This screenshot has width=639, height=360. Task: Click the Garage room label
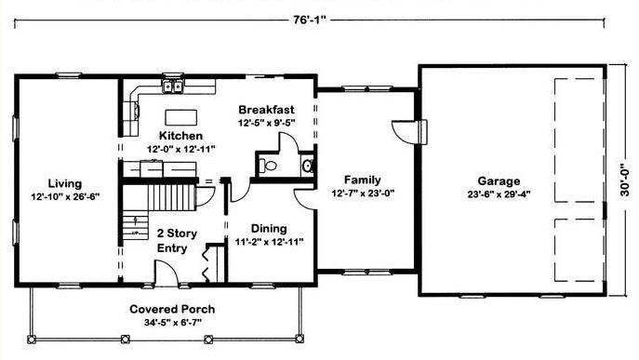tap(499, 180)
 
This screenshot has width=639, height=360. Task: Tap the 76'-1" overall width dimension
tap(310, 20)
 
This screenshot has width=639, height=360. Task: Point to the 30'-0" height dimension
tap(625, 180)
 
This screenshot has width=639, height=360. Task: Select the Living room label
tap(65, 183)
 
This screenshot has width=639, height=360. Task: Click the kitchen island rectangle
tap(181, 117)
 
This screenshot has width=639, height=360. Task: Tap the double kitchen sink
tap(173, 87)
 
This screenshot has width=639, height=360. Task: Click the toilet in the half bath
tap(268, 166)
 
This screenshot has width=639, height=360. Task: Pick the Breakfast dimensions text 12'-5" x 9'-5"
tap(267, 123)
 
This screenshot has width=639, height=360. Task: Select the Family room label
tap(363, 180)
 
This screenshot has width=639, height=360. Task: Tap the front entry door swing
tap(166, 273)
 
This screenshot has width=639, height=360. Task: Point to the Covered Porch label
tap(172, 309)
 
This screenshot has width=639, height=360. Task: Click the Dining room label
tap(269, 228)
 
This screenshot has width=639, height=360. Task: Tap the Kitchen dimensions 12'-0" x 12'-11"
tap(181, 149)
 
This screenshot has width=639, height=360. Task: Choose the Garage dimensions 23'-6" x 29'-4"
tap(499, 194)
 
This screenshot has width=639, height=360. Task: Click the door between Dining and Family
tap(306, 199)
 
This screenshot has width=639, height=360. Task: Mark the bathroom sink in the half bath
tap(308, 166)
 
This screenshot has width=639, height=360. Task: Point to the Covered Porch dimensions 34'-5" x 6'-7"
tap(173, 323)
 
